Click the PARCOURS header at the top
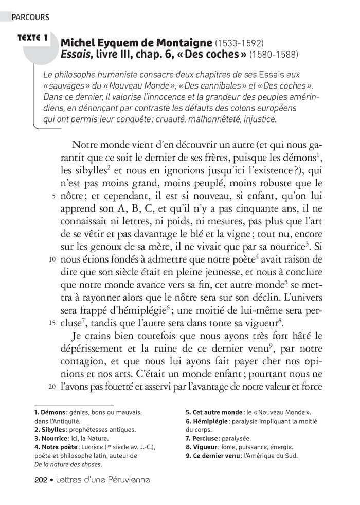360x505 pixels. coord(30,17)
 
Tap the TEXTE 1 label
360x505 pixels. coord(32,38)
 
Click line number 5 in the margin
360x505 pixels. coord(53,196)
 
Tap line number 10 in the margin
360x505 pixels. coord(52,245)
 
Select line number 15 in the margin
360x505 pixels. coord(52,323)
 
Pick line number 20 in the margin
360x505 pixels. coord(52,386)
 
